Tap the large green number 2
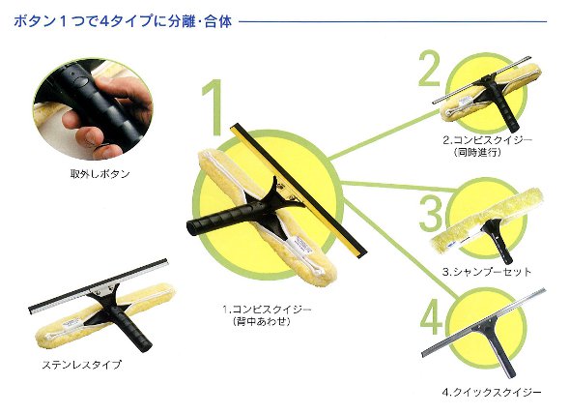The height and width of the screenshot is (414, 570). (429, 68)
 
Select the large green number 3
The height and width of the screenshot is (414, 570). (431, 214)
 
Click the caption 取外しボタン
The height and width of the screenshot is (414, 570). (100, 174)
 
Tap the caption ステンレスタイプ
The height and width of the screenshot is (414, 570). (81, 365)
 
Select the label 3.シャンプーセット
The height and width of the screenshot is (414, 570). (487, 272)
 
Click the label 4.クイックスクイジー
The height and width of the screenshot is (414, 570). (492, 392)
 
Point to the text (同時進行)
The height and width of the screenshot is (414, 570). (477, 152)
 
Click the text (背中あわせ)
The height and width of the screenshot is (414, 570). (262, 321)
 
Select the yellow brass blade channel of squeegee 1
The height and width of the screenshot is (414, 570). (299, 191)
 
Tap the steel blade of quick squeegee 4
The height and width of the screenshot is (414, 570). (484, 322)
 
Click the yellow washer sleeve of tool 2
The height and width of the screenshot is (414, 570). (491, 93)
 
